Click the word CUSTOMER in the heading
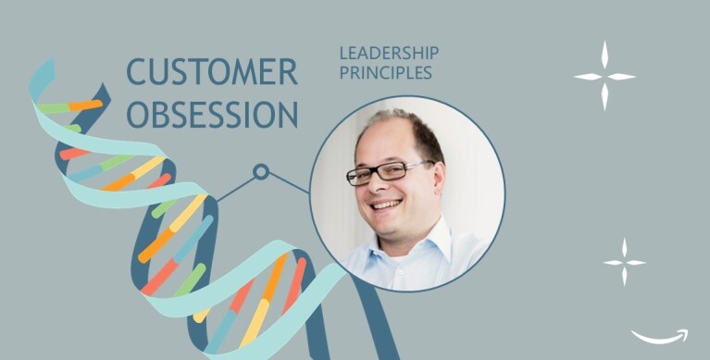coord(211,72)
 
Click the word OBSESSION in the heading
coord(212,114)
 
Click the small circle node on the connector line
coord(261,171)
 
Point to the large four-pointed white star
coord(604,76)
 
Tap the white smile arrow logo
coord(659,335)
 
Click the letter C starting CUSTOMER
coord(135,72)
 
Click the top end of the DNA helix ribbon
coord(41,69)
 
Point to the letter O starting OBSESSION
coord(137,114)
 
